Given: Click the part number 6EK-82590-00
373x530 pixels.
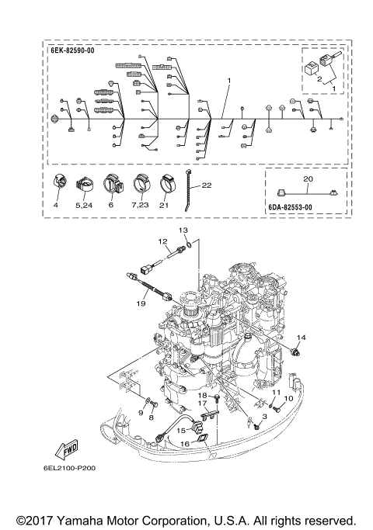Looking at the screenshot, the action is pos(72,51).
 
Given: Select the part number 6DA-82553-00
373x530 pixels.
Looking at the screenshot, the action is pos(290,207).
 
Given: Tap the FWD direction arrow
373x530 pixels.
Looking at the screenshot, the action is pos(67,449).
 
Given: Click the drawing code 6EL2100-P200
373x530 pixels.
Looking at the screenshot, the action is pos(69,468).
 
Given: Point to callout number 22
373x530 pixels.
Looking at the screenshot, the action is pos(207,185).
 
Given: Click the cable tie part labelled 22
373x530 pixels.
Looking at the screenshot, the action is pos(187,190).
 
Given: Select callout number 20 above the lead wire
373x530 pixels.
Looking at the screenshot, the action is pos(308,178).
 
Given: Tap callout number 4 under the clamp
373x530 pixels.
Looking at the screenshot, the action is pos(56,205).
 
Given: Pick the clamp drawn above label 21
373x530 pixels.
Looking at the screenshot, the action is pos(167,183).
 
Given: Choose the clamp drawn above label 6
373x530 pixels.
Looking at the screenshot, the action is pos(113,184).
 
